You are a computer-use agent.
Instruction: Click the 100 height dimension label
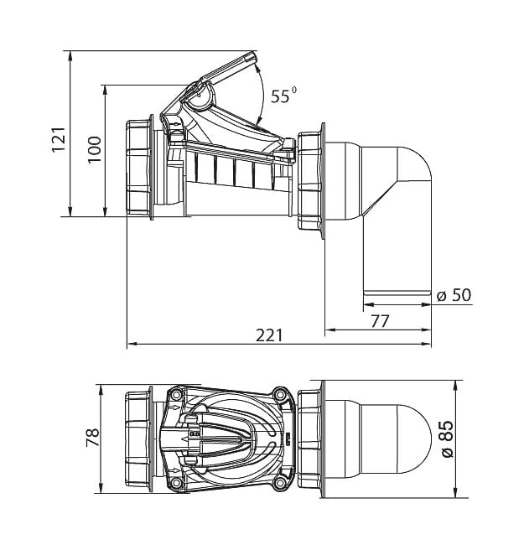[94, 150]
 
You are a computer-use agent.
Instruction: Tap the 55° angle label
[283, 96]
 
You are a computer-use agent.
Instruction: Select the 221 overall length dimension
[269, 335]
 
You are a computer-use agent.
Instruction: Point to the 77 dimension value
[380, 319]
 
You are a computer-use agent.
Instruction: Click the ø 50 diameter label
[454, 294]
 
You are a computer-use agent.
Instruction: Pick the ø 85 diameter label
[446, 438]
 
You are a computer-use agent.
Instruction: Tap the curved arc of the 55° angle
[262, 96]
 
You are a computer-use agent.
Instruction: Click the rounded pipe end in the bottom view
[411, 438]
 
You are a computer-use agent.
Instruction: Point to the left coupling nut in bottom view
[139, 438]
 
